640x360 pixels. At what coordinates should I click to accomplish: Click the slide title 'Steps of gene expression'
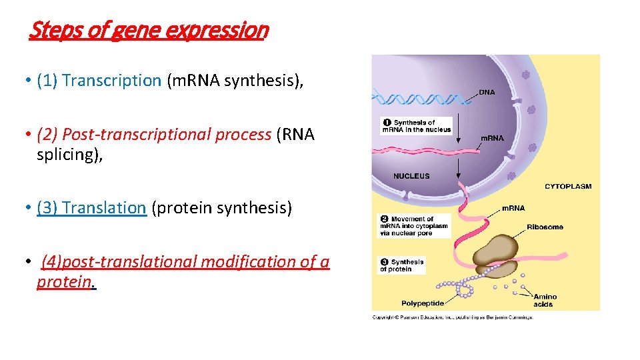point(149,30)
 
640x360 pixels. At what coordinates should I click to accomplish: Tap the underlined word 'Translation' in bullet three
point(104,207)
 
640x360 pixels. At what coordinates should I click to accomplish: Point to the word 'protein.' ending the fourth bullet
point(66,281)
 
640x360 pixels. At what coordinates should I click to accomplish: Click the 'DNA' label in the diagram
point(487,93)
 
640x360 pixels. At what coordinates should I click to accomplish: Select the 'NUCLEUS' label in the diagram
point(411,176)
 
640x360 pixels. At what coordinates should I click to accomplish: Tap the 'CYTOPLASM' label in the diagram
point(568,187)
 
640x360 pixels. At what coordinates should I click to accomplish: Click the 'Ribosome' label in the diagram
point(545,227)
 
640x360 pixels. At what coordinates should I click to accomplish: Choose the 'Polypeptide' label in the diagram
point(422,303)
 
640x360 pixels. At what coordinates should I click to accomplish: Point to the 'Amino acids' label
point(545,301)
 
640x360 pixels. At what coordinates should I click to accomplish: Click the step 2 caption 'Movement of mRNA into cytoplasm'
point(414,226)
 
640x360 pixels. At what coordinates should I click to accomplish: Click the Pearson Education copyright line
point(453,317)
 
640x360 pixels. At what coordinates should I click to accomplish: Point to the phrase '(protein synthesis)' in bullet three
point(222,207)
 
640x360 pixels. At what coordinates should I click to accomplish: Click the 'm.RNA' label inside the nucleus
point(492,139)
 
